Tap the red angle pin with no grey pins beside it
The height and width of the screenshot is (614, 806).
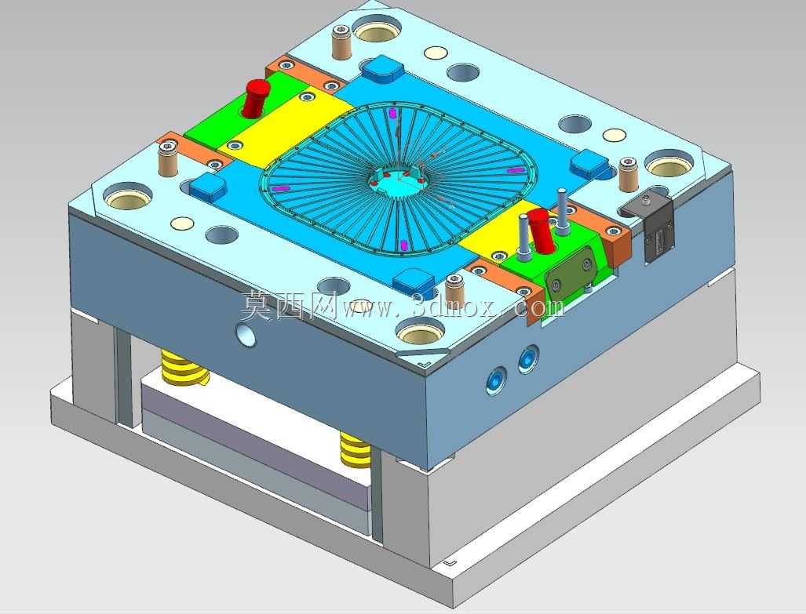tap(256, 97)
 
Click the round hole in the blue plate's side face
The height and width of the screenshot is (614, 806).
tap(246, 333)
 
